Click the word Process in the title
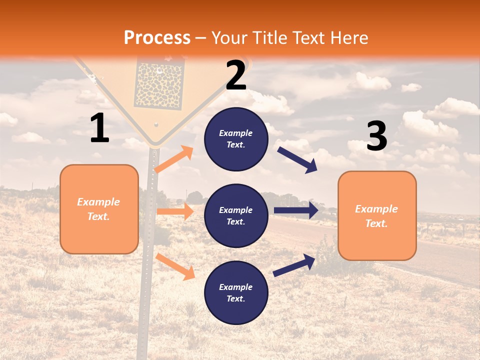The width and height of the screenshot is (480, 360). tap(157, 38)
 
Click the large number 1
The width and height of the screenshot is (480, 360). tap(99, 128)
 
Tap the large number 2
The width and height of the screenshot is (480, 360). tap(236, 75)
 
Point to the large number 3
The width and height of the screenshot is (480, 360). tap(376, 136)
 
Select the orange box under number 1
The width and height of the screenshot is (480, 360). tap(99, 209)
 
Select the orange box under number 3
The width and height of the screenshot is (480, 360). tap(377, 215)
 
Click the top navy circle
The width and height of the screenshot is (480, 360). tap(236, 139)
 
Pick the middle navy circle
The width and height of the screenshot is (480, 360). tap(236, 215)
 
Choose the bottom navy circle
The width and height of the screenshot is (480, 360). tap(236, 292)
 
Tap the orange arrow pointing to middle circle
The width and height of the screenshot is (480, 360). tap(175, 211)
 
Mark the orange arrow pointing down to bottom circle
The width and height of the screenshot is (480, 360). tap(175, 266)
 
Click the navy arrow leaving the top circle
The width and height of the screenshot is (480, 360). tap(297, 159)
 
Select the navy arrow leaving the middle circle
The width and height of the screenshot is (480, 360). tap(296, 210)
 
